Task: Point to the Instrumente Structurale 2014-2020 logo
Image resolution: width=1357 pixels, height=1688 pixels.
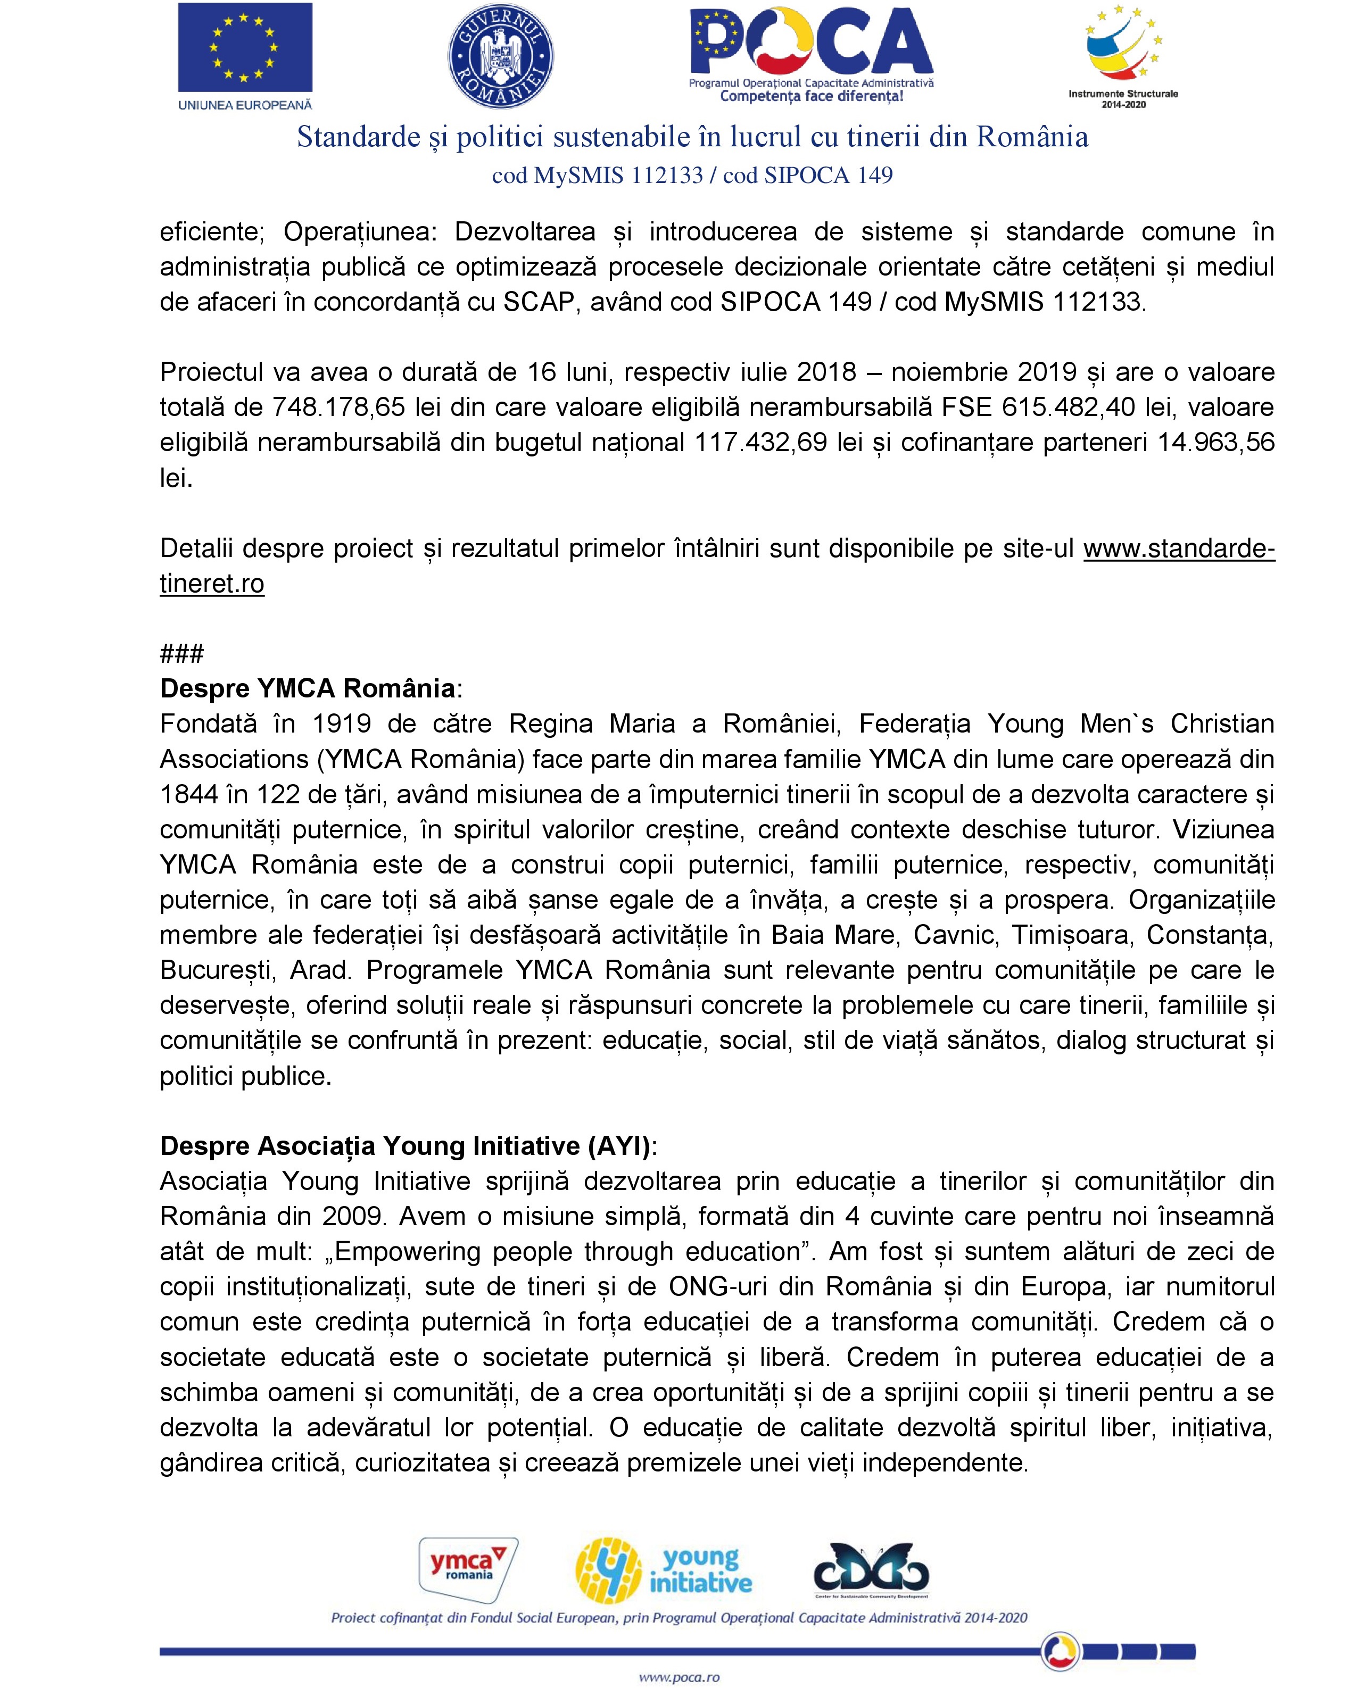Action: [x=1123, y=55]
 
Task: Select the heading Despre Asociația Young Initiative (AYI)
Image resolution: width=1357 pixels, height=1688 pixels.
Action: [x=406, y=1145]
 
